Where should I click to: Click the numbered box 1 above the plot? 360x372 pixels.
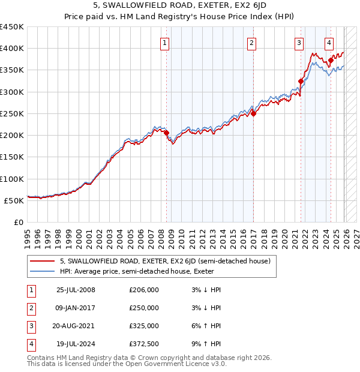coord(164,42)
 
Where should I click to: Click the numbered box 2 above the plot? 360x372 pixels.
coord(251,42)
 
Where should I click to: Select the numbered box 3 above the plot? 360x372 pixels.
coord(299,42)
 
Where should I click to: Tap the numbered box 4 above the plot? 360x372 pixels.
coord(329,42)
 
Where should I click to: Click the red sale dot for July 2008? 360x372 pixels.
coord(167,133)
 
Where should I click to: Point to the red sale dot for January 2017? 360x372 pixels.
coord(254,113)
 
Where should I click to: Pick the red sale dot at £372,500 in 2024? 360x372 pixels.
coord(331,60)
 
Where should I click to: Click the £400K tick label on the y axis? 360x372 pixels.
coord(12,49)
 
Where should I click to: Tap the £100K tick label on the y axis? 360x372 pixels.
coord(12,179)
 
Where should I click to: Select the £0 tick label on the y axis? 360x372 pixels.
coord(18,222)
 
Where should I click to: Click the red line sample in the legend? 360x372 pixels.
coord(43,261)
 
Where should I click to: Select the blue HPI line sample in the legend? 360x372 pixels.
coord(43,271)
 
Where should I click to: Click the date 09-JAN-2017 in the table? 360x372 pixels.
coord(76,308)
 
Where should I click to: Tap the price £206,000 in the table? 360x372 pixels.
coord(144,290)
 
